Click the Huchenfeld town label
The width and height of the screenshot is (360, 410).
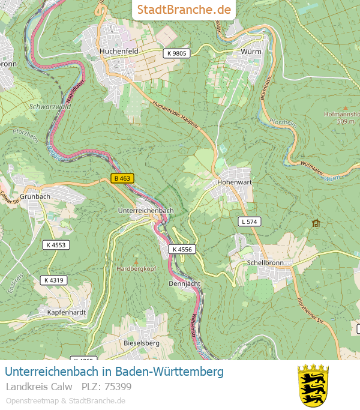click(119, 52)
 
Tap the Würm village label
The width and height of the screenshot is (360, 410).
click(251, 52)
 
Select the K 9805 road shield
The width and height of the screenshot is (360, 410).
click(177, 53)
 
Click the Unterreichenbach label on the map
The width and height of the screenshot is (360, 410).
click(146, 211)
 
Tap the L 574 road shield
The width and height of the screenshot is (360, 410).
click(249, 222)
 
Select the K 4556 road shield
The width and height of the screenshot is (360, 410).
click(181, 249)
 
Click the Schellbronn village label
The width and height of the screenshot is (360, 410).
click(265, 264)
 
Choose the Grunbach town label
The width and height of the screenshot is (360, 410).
click(35, 196)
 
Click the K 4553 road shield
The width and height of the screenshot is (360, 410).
click(55, 244)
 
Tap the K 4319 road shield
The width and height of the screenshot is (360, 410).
click(53, 280)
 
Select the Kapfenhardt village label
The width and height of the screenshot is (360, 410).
click(67, 313)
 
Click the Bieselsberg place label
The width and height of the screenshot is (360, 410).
click(140, 343)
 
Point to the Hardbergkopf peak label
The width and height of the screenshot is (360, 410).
click(136, 268)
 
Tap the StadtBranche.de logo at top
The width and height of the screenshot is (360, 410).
click(184, 10)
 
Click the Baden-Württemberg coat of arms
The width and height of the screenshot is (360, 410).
click(313, 385)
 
